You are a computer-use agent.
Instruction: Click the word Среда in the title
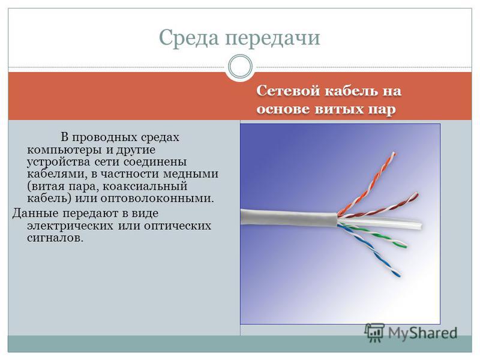pyautogui.click(x=189, y=37)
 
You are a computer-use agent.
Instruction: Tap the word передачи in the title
pyautogui.click(x=272, y=38)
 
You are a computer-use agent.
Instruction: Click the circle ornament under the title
pyautogui.click(x=241, y=66)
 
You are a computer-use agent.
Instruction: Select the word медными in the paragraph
pyautogui.click(x=190, y=174)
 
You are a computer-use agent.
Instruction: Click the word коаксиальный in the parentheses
pyautogui.click(x=144, y=186)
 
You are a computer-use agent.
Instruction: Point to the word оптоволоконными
pyautogui.click(x=157, y=199)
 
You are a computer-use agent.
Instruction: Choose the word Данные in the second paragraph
pyautogui.click(x=34, y=214)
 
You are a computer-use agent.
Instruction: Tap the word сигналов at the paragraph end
pyautogui.click(x=55, y=238)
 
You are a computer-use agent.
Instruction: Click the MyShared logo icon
pyautogui.click(x=374, y=332)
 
